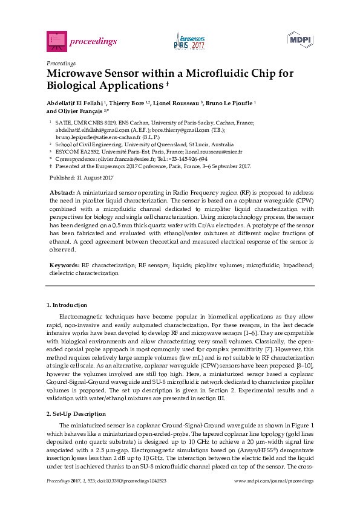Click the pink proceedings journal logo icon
56,41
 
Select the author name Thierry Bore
129,103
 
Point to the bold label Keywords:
64,265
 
